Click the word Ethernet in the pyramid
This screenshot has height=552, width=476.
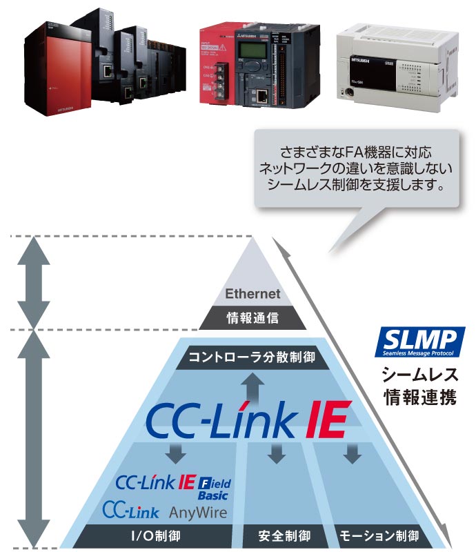coord(253,294)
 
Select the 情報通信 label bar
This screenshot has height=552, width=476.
coord(253,318)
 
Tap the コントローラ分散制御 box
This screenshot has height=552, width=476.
coord(252,357)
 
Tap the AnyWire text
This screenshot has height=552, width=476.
coord(197,512)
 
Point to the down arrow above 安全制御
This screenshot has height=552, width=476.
coord(277,453)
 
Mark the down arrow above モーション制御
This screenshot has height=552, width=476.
coord(353,453)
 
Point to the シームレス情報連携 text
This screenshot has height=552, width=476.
coord(419,386)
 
